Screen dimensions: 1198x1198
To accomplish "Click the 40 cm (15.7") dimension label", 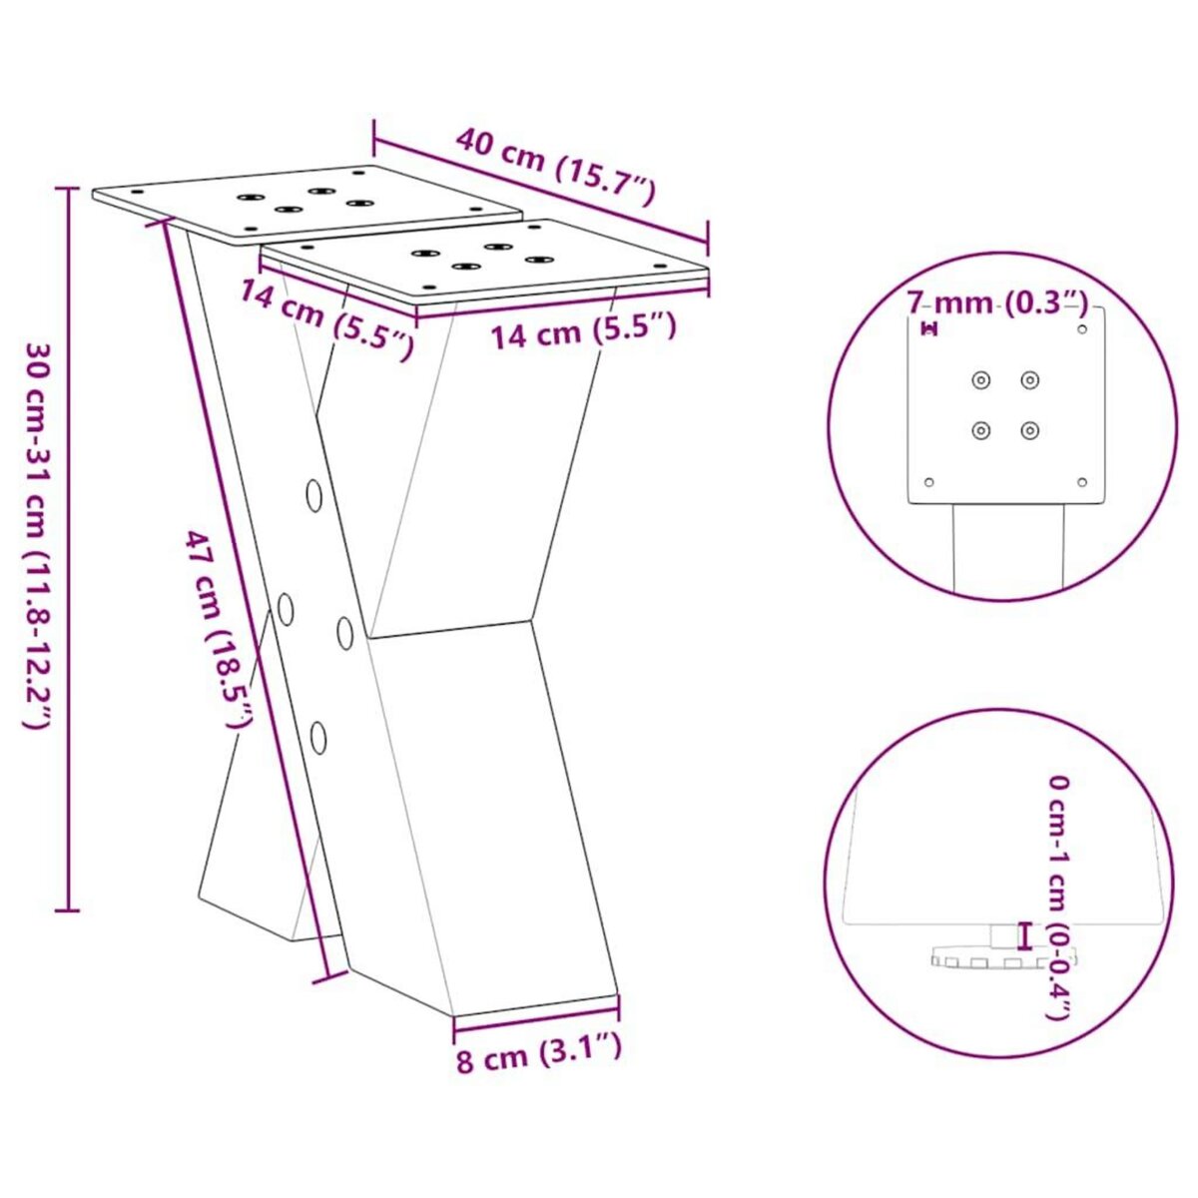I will coord(555,165).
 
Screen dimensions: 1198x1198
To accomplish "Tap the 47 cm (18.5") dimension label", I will coord(219,631).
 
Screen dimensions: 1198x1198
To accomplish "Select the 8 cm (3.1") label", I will coord(539,1053).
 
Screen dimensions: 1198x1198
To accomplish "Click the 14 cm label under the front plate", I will coord(582,329).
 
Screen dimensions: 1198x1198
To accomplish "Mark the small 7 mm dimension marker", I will coord(930,328).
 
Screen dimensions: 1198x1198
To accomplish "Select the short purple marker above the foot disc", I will coord(1021,935).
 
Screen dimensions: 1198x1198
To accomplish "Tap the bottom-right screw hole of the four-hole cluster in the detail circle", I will coord(1030,430).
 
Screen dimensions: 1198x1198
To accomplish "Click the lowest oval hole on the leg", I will coord(318,738).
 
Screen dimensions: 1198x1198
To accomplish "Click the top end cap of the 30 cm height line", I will coord(68,187).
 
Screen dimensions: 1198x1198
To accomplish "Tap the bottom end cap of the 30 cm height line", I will coord(68,909).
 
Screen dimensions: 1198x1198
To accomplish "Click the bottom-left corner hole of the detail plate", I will coord(929,482).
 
